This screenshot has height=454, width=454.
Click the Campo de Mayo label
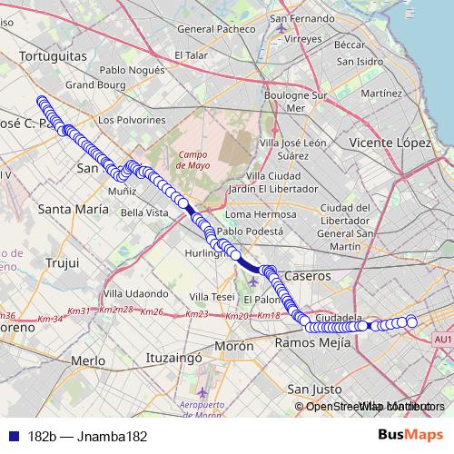(192, 160)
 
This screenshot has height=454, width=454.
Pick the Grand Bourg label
(93, 85)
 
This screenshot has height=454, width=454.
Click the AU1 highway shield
(443, 339)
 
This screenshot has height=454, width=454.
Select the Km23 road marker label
(197, 314)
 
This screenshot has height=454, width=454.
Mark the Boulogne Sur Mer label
(293, 101)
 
